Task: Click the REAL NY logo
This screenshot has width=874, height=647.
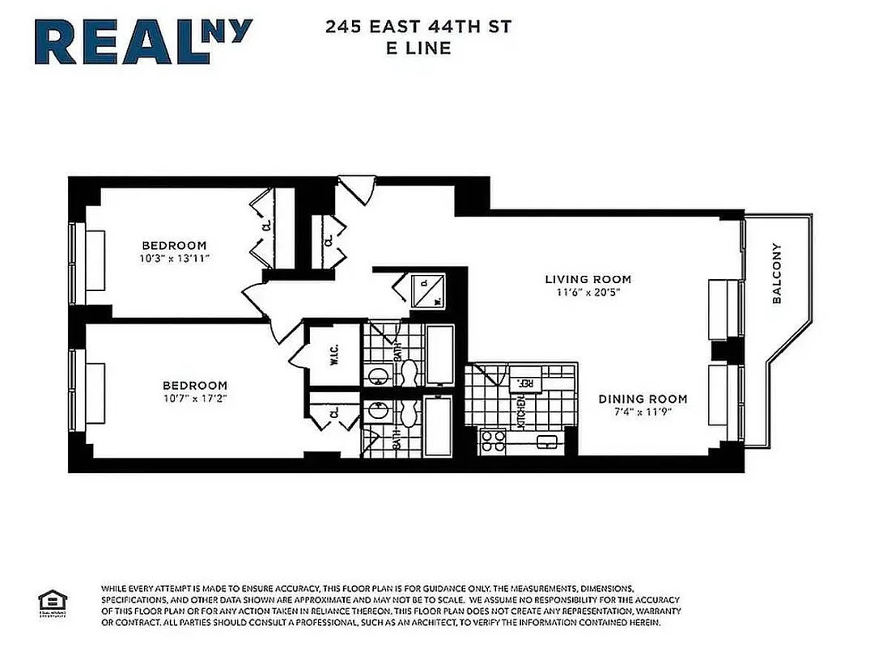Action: (x=144, y=41)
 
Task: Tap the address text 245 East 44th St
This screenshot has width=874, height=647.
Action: (x=418, y=27)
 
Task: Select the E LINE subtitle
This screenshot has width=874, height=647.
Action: (x=418, y=48)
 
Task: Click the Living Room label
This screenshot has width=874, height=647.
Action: (x=588, y=280)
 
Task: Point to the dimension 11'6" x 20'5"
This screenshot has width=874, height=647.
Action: (x=588, y=293)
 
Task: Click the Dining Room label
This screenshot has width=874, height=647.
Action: (x=643, y=399)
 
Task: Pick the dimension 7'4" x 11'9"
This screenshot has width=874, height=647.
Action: (x=643, y=412)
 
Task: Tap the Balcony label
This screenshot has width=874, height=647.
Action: (x=777, y=273)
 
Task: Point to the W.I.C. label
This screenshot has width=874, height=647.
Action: (x=333, y=355)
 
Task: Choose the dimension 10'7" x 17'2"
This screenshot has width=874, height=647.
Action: (x=194, y=399)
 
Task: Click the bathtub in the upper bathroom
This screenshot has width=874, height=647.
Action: (x=441, y=353)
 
